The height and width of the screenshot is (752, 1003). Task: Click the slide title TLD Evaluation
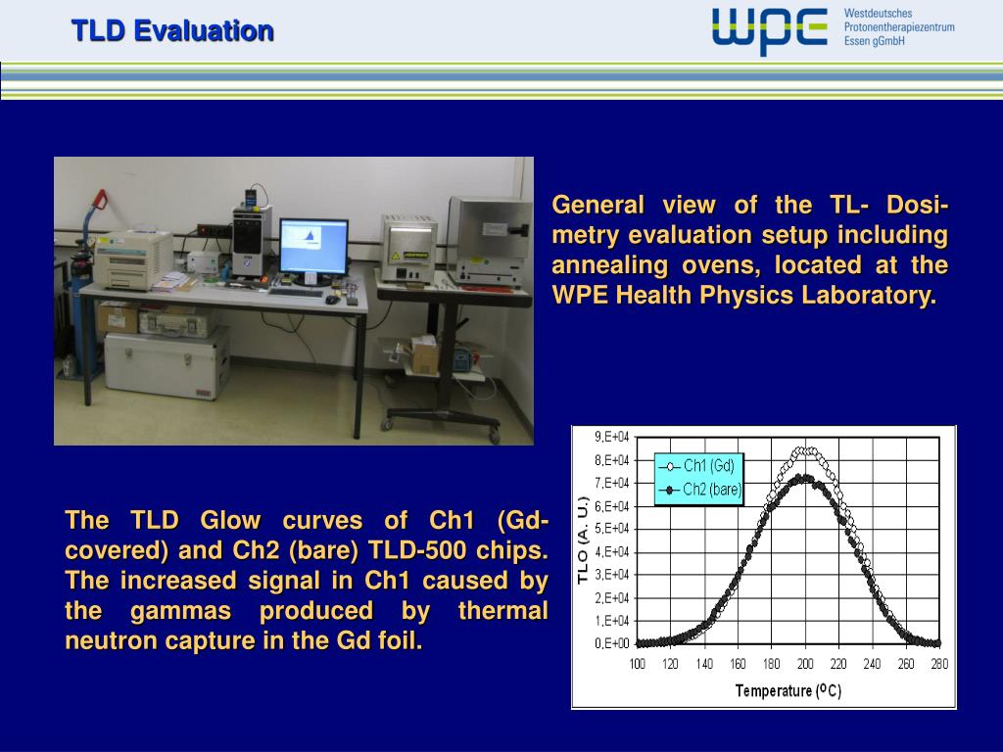pyautogui.click(x=171, y=31)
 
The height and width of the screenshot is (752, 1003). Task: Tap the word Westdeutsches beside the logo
pyautogui.click(x=878, y=13)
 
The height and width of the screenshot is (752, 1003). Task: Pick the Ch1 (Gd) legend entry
pyautogui.click(x=700, y=466)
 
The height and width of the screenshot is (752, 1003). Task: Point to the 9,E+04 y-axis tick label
pyautogui.click(x=612, y=437)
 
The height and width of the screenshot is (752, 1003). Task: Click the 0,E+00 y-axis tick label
pyautogui.click(x=612, y=643)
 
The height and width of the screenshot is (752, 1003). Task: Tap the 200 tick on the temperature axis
pyautogui.click(x=804, y=664)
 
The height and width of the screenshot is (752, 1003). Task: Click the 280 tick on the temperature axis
pyautogui.click(x=938, y=664)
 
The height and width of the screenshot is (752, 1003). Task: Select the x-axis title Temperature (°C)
pyautogui.click(x=788, y=690)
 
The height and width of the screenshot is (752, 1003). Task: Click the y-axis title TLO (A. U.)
pyautogui.click(x=583, y=540)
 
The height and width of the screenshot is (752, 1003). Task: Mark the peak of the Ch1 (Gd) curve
pyautogui.click(x=804, y=450)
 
